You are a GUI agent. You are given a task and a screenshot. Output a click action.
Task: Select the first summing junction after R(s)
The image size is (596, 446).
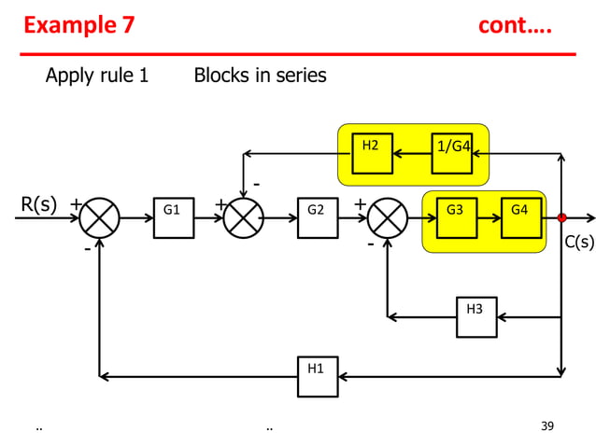99,218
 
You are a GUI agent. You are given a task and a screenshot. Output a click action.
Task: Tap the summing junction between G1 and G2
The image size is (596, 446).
243,218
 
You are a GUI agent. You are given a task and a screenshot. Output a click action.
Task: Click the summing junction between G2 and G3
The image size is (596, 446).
387,218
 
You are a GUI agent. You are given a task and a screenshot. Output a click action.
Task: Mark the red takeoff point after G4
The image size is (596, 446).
561,218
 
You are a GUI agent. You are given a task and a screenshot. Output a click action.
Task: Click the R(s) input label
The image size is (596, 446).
39,204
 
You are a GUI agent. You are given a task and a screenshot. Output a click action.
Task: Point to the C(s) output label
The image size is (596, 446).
578,243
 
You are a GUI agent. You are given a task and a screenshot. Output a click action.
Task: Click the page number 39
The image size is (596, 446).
547,426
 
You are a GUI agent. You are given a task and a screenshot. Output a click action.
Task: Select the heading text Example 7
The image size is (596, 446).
78,25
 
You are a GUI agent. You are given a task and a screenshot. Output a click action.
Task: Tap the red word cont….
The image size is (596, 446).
515,25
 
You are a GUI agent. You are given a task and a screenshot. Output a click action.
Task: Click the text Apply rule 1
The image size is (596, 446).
97,76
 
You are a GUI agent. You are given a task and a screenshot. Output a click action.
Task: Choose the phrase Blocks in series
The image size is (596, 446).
260,76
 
